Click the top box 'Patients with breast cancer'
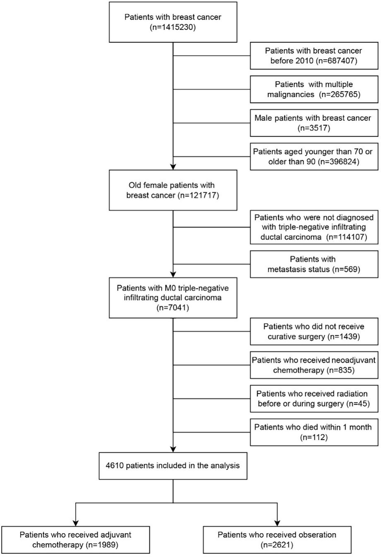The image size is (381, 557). [173, 22]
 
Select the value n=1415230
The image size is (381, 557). [173, 27]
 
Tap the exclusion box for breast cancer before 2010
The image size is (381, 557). [314, 56]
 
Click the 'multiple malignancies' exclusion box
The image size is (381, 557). [314, 89]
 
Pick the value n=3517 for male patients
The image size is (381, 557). [314, 128]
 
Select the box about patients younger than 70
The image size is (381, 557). [314, 157]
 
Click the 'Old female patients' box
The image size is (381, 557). [173, 190]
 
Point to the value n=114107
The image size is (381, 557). [347, 237]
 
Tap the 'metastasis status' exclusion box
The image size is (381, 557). [314, 264]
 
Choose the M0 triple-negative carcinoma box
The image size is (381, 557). [173, 298]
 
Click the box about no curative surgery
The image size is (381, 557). [314, 331]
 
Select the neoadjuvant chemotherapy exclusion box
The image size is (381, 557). [314, 365]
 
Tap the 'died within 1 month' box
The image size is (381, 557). [314, 432]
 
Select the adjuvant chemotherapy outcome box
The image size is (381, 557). [76, 540]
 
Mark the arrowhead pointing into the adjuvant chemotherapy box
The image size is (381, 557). [76, 523]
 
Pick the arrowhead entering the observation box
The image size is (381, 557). [277, 523]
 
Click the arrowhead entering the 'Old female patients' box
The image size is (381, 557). [173, 167]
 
